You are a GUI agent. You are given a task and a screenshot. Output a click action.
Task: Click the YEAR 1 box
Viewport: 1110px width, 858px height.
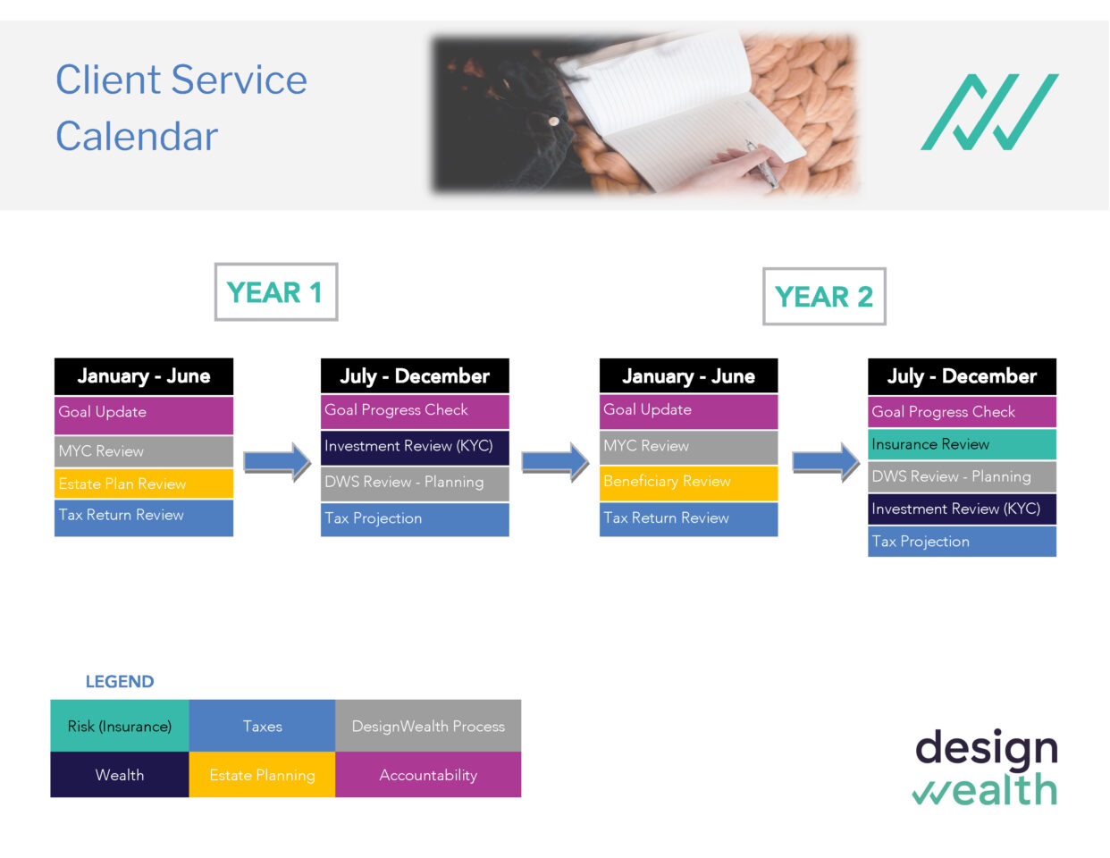pyautogui.click(x=275, y=292)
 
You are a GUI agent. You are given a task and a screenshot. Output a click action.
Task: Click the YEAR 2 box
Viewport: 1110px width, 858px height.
pyautogui.click(x=823, y=297)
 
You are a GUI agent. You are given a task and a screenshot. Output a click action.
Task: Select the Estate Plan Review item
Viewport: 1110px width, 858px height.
pyautogui.click(x=143, y=484)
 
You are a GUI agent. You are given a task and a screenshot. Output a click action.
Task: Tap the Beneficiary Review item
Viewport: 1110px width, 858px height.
pyautogui.click(x=688, y=482)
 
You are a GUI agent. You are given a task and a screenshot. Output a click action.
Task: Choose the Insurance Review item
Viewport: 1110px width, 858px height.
pyautogui.click(x=962, y=444)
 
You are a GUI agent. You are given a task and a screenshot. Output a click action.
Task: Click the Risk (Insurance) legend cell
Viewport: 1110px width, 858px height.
pyautogui.click(x=120, y=726)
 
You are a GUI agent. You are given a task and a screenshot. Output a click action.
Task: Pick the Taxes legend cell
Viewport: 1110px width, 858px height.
pyautogui.click(x=262, y=726)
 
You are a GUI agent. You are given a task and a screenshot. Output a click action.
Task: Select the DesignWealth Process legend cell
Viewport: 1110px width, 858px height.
pyautogui.click(x=428, y=726)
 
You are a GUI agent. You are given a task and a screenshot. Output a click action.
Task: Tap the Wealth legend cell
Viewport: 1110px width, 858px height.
pyautogui.click(x=120, y=775)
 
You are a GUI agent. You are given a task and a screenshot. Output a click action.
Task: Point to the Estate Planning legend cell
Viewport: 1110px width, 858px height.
pyautogui.click(x=262, y=775)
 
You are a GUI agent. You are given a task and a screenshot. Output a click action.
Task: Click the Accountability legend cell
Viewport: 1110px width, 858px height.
pyautogui.click(x=428, y=775)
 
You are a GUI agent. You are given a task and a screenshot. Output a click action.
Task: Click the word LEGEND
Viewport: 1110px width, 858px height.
pyautogui.click(x=120, y=682)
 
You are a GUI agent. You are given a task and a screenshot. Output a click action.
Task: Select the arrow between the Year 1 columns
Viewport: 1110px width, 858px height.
pyautogui.click(x=277, y=462)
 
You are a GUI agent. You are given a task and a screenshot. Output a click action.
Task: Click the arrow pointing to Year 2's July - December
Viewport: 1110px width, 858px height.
pyautogui.click(x=825, y=462)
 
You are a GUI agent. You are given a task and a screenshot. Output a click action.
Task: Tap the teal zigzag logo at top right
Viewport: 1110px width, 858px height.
pyautogui.click(x=989, y=112)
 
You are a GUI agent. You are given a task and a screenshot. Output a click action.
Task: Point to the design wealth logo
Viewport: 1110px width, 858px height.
pyautogui.click(x=986, y=768)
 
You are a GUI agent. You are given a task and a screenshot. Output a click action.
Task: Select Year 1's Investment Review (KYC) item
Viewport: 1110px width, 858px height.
pyautogui.click(x=415, y=447)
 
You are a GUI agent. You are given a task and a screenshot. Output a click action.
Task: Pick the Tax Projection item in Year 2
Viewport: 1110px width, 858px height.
pyautogui.click(x=962, y=542)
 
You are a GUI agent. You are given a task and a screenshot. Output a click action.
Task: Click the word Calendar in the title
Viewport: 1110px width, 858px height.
pyautogui.click(x=137, y=137)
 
